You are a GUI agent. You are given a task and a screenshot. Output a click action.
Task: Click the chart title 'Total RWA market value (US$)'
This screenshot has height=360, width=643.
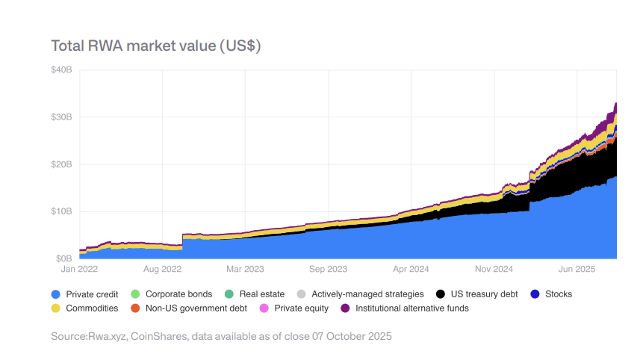click(155, 46)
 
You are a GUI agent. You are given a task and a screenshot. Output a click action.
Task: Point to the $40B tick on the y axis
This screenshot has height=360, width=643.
click(61, 70)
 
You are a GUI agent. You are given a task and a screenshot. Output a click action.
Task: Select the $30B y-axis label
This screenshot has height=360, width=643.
click(61, 117)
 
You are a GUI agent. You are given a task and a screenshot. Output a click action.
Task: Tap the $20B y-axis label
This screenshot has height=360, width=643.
click(61, 164)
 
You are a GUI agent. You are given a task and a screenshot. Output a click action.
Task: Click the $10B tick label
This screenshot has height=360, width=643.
click(61, 211)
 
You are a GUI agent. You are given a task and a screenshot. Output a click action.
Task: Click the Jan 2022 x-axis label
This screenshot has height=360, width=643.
click(79, 268)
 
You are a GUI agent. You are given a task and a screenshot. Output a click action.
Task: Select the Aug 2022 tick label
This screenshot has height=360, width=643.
click(162, 268)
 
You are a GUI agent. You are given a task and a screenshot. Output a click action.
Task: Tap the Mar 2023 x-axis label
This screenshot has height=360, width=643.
click(245, 268)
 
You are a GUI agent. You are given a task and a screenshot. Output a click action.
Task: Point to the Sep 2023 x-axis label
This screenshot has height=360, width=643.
click(328, 268)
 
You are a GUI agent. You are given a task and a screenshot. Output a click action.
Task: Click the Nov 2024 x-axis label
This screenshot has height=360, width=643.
click(494, 268)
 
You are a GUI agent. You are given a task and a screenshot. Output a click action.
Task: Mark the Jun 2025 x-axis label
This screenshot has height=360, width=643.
click(577, 268)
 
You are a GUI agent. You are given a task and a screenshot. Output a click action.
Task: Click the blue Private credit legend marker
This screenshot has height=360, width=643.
click(56, 294)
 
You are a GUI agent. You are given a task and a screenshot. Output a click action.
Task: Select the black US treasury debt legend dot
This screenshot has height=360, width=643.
click(441, 294)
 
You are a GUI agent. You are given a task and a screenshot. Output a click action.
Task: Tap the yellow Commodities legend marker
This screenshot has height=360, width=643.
click(56, 308)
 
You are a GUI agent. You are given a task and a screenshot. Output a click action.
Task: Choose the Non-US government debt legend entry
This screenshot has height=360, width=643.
click(194, 308)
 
